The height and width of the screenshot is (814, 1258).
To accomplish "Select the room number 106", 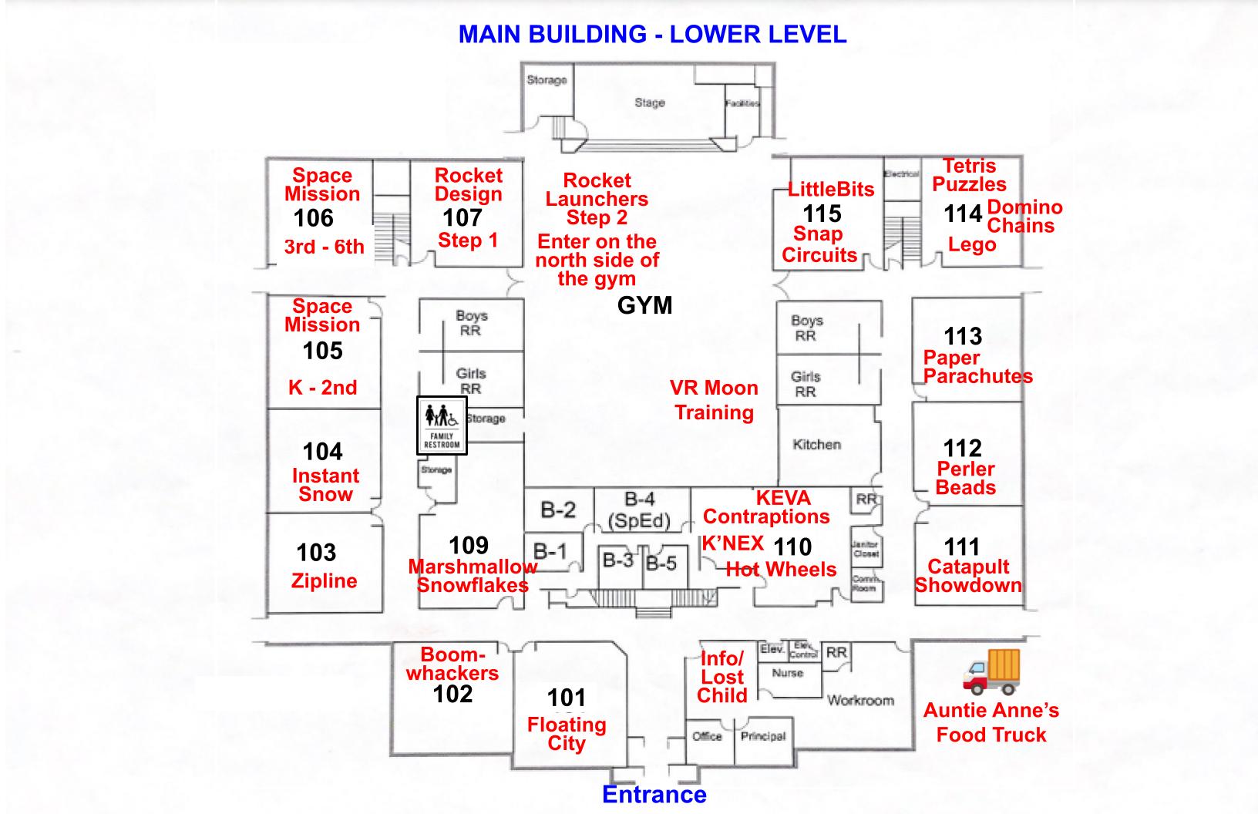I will coord(314,218).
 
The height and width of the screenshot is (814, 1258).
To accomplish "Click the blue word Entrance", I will coord(654,795).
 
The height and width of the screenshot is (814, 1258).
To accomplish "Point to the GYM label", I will coord(644,306).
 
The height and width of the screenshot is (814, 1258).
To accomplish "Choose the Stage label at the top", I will coord(649,103).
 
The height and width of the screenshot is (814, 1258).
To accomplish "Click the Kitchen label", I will coord(816,445).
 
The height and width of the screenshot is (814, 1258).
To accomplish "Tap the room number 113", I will coord(963,336).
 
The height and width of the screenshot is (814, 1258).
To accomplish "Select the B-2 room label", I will coord(557,510).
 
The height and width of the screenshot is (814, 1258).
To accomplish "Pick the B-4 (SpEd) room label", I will coord(639,510).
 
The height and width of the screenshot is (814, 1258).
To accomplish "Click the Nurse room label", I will coord(787,673).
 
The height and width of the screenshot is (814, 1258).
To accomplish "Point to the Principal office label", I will coord(762,736).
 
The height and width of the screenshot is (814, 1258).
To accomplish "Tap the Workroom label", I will coord(860,701).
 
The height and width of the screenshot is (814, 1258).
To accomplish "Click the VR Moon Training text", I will coord(714,400).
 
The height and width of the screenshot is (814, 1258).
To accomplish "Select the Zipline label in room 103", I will coord(324,581).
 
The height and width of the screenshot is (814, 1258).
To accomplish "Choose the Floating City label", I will coord(567,734).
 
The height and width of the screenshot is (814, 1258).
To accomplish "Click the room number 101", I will coord(567,698).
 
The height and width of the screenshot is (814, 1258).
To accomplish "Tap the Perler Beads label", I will coord(966,478).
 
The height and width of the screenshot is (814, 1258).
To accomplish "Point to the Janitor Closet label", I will coord(866,549).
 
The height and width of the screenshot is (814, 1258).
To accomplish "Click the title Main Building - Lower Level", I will coord(652,34).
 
